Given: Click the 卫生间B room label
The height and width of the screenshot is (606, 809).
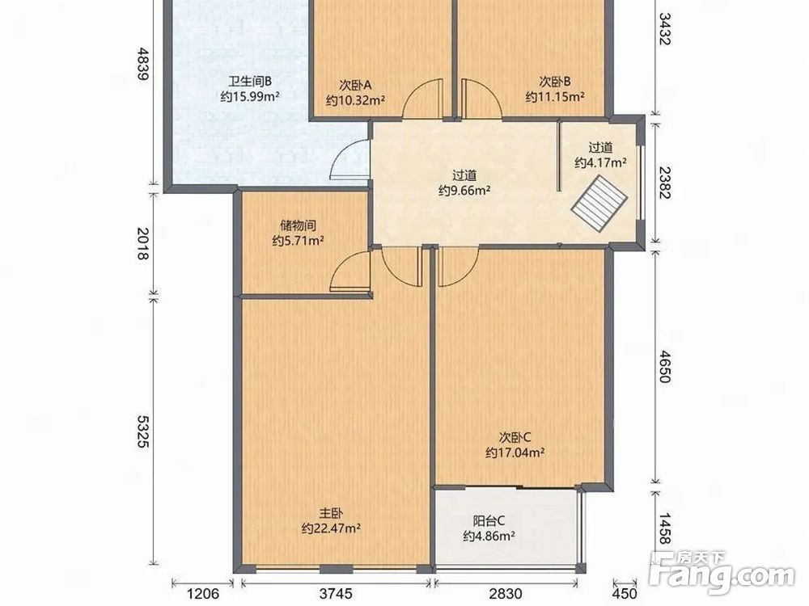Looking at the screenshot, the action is click(250, 82).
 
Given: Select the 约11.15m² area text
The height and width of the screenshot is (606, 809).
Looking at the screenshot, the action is click(555, 96).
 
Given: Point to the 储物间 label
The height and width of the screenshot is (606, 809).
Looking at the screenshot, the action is click(298, 225).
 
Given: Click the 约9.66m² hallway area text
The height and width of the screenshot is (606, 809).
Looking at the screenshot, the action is click(464, 190).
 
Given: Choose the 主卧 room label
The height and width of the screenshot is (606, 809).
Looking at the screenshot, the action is click(331, 513).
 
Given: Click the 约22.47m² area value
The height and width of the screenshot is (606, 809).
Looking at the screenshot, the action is click(331, 528).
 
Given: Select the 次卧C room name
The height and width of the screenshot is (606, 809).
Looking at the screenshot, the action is click(515, 437).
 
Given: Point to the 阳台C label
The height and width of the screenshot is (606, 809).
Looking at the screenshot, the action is click(489, 521).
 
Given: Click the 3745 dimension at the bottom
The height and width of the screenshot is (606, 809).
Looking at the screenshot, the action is click(336, 594).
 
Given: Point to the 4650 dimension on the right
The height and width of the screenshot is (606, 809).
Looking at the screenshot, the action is click(664, 366).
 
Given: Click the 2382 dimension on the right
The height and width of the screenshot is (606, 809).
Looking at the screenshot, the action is click(664, 183).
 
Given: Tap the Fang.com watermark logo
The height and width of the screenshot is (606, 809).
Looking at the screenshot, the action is click(722, 572).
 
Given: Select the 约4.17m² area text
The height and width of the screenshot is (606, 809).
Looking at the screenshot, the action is click(600, 163).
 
